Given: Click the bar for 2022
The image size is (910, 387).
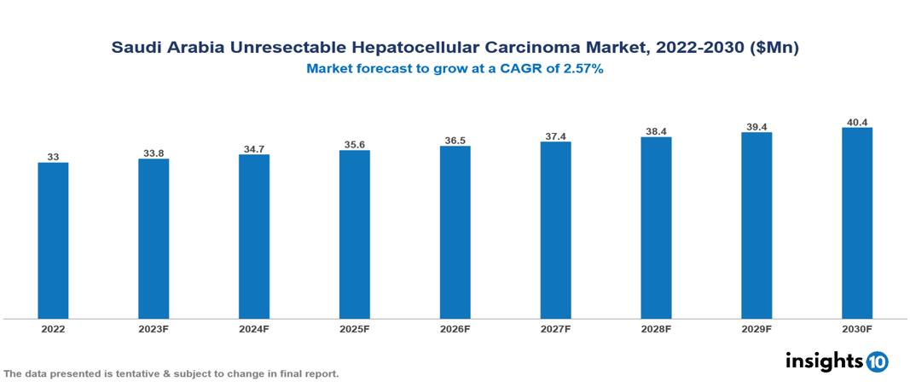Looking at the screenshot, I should pos(53,240).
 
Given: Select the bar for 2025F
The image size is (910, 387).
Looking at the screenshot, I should pos(354,234).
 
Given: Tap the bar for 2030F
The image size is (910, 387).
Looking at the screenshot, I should pos(856,223).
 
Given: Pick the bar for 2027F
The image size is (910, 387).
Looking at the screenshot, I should pos(555,230).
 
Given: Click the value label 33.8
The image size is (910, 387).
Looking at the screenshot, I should pos(154,153).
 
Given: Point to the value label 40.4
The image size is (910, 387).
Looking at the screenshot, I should pos(856,122).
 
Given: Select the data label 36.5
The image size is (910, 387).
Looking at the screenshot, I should pos(455,140).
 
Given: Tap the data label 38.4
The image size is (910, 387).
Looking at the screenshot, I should pos(656,131).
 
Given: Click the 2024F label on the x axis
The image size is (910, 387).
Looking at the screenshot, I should pos(254,329).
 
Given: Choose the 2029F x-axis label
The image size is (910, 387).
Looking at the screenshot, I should pos(756,329).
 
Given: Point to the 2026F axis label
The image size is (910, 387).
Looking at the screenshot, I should pos(455,329).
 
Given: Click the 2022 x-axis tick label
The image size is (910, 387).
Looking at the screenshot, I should pos(53,329).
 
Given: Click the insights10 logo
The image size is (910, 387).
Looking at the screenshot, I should pos(836,361).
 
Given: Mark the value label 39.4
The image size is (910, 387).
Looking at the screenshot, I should pos(756,127).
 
